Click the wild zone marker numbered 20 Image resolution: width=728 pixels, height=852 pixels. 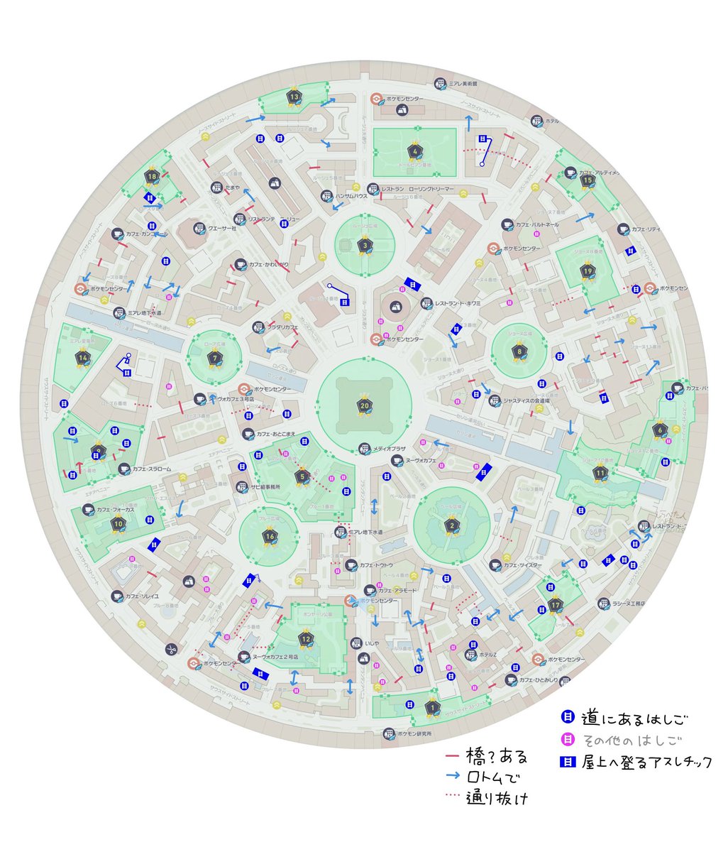[365, 405]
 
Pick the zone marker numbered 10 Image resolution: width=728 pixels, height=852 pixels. [118, 524]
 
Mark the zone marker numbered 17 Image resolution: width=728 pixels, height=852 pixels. [556, 606]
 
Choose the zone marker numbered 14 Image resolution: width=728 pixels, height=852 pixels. [84, 358]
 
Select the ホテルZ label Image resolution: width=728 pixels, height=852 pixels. [486, 655]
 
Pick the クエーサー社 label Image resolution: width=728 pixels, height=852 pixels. [221, 228]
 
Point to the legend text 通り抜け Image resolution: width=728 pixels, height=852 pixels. [497, 798]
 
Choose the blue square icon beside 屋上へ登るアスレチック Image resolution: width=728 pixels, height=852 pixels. [567, 762]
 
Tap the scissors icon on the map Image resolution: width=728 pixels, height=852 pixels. [172, 649]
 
